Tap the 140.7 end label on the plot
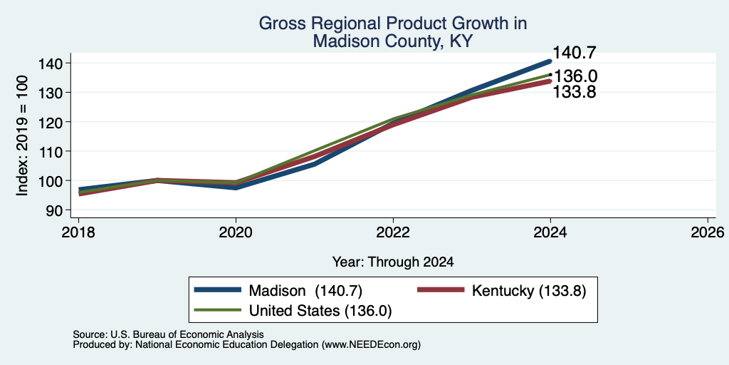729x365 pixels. (x=575, y=53)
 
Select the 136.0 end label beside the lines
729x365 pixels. (x=575, y=76)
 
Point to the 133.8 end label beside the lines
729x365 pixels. (x=575, y=92)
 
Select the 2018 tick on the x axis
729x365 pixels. (x=78, y=232)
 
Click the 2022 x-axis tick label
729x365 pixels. (x=393, y=232)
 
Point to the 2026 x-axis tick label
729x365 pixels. (x=708, y=232)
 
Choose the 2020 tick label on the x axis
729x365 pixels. (x=236, y=232)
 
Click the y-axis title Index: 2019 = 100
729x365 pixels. (x=22, y=136)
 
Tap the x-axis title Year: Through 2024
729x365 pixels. (x=393, y=262)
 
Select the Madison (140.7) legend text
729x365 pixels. (x=305, y=291)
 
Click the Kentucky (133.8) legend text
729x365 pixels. (x=529, y=291)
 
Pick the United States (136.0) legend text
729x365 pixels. (x=320, y=311)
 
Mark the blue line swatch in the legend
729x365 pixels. (x=218, y=290)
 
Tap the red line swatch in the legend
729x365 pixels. (x=441, y=290)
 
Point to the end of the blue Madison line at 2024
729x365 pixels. (x=550, y=61)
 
